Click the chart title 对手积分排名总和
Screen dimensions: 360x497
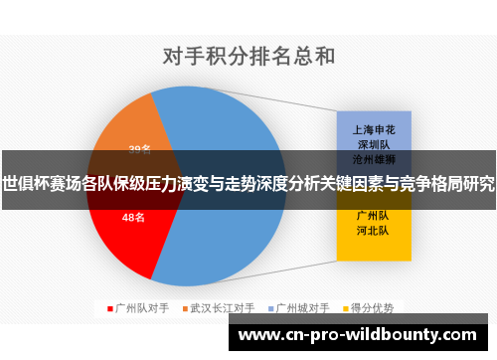[x=248, y=56]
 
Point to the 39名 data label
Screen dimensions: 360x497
[x=140, y=149]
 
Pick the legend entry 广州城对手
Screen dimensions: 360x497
[x=302, y=308]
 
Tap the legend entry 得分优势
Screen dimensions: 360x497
[x=372, y=308]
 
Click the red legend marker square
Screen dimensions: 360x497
[x=110, y=308]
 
